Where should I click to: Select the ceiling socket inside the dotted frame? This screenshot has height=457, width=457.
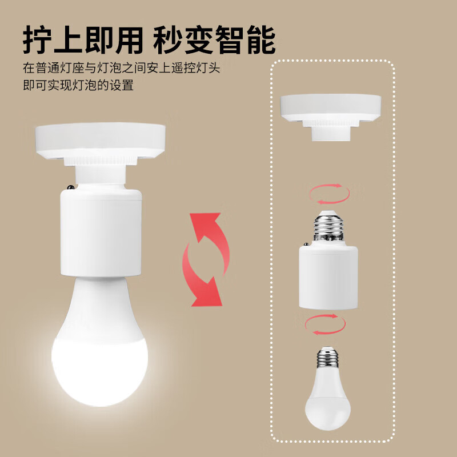[x=331, y=109]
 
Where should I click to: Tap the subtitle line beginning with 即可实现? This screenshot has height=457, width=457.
[x=78, y=86]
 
